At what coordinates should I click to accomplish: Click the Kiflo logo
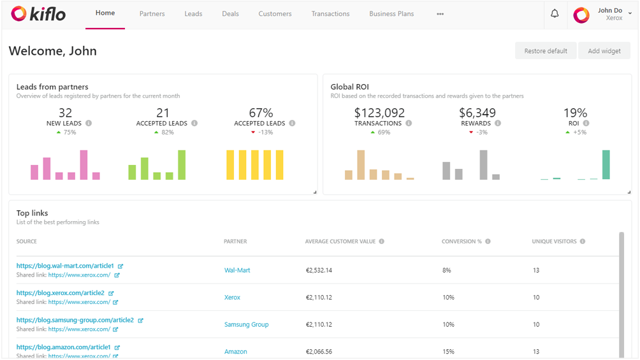[38, 13]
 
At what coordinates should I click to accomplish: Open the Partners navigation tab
[152, 14]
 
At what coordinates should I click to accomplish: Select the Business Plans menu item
[391, 14]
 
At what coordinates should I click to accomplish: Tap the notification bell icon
[555, 14]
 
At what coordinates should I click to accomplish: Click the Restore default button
[546, 51]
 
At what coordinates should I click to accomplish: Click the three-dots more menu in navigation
[440, 14]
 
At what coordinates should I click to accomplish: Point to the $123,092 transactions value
[379, 113]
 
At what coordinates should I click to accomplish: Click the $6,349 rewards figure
[477, 113]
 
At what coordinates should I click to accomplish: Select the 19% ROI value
[575, 113]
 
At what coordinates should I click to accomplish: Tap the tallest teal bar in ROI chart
[606, 164]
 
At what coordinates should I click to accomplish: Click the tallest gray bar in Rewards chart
[483, 164]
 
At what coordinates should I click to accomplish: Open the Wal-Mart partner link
[237, 270]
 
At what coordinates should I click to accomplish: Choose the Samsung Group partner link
[246, 324]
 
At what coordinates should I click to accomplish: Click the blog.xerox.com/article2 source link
[61, 293]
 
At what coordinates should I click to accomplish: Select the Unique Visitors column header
[555, 241]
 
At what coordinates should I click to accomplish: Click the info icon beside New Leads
[89, 124]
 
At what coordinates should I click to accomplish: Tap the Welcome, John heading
[53, 51]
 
